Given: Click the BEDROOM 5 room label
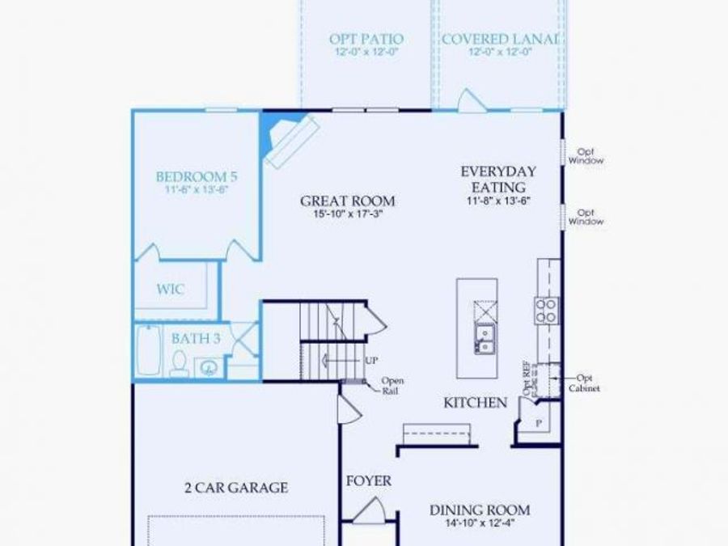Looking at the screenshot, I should tap(196, 176).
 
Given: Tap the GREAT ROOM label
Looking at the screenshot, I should tap(348, 201).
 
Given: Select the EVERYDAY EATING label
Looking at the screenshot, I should tap(498, 179).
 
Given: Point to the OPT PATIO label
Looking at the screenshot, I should tap(366, 39).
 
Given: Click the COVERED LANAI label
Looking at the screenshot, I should tap(501, 39).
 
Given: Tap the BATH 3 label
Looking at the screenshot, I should tap(196, 338).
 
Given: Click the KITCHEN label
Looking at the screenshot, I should tap(475, 403).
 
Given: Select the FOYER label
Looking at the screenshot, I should tap(369, 480).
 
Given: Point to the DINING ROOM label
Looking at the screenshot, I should tap(480, 510).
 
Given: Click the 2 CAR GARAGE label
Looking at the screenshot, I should tap(235, 487).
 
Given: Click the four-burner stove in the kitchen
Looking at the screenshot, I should tap(546, 310).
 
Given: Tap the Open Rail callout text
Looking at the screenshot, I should tap(392, 386).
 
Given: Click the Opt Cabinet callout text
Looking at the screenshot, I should tap(588, 383).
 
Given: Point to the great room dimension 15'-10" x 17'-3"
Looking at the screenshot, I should tap(348, 215).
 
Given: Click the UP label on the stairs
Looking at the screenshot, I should tap(371, 361).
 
